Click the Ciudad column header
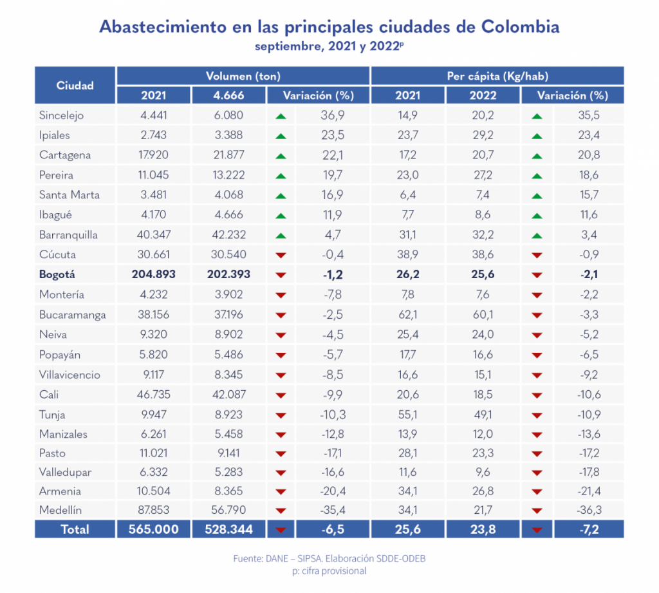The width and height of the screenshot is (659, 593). coord(75,85)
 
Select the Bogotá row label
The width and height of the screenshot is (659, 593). coord(57,274)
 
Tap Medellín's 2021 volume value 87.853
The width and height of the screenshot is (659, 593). coord(153,511)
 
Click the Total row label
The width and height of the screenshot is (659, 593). coord(75,530)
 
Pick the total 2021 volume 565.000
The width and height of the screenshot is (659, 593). coord(153,530)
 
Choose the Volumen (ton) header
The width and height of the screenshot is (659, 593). coord(243,76)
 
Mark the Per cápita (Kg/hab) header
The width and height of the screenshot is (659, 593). coord(497,76)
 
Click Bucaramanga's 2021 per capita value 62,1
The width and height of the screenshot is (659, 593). coord(408,315)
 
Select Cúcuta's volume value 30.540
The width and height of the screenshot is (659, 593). coord(228,255)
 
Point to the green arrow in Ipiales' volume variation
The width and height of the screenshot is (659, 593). coord(280,136)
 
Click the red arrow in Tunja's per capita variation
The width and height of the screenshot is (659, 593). coord(537,415)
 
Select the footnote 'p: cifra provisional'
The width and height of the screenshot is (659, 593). coord(329,571)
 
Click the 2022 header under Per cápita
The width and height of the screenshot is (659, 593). coord(483,95)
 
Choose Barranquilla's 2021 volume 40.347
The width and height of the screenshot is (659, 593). coord(153,235)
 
